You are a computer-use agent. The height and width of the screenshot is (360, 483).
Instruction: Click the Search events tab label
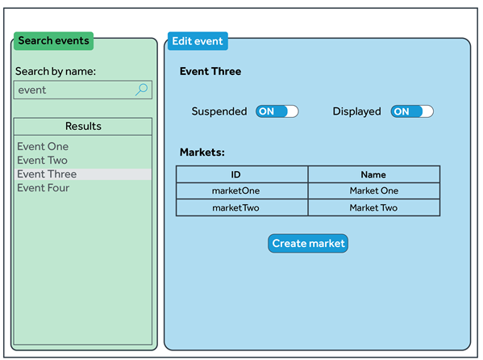(x=53, y=40)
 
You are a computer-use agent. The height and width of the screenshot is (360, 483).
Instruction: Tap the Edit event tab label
(x=198, y=41)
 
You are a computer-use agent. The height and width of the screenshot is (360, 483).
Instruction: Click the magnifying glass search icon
(x=142, y=90)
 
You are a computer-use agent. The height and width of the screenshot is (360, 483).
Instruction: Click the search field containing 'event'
(x=83, y=90)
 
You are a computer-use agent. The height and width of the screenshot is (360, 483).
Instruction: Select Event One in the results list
(x=43, y=146)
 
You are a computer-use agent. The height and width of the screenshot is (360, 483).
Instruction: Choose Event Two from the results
(x=42, y=160)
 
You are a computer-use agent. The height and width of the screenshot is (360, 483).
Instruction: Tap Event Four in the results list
(x=43, y=188)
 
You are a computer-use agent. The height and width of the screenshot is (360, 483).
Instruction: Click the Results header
(x=83, y=126)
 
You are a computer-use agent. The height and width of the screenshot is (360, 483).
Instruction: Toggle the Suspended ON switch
(x=277, y=111)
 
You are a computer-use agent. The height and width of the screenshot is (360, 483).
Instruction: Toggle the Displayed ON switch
(x=412, y=111)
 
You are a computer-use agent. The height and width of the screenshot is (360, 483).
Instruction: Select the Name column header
(x=373, y=174)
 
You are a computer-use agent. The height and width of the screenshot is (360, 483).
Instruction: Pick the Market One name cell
(x=373, y=190)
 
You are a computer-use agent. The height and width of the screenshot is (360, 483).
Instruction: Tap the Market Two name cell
(x=373, y=207)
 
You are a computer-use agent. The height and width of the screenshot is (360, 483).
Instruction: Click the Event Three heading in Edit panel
(x=210, y=71)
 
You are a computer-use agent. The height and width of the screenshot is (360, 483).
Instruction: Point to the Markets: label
(x=202, y=152)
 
